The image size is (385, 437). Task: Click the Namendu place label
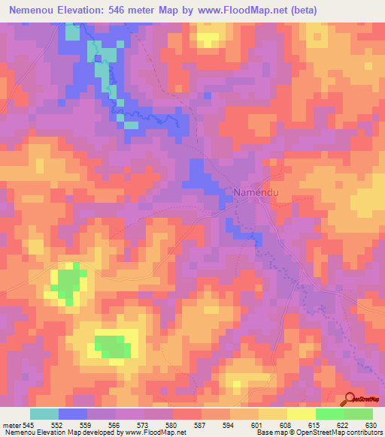click(x=258, y=192)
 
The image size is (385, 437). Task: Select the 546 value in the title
click(x=136, y=11)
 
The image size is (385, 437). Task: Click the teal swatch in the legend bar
click(x=44, y=414)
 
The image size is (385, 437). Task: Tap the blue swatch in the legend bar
click(x=73, y=414)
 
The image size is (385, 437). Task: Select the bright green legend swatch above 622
click(x=330, y=414)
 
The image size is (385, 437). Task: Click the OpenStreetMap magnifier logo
click(x=349, y=399)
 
